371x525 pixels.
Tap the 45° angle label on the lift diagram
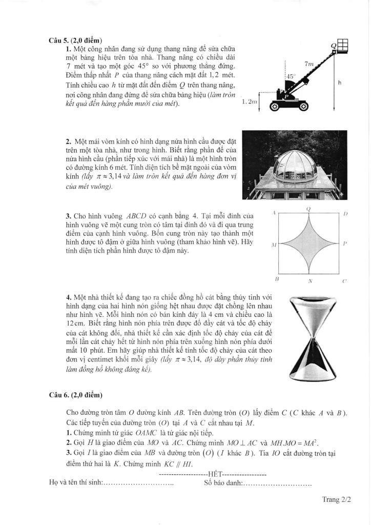(x=291, y=76)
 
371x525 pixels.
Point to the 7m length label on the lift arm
(x=308, y=64)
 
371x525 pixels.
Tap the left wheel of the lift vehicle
(x=275, y=107)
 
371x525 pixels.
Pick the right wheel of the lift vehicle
(x=303, y=107)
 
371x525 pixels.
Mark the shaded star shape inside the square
(x=309, y=244)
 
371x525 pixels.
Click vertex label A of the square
(x=275, y=212)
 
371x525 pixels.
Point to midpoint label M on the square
(x=274, y=246)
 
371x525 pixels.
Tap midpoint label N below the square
(x=310, y=281)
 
